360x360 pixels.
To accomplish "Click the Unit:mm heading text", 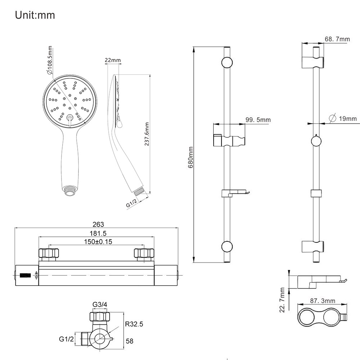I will tap(35, 16).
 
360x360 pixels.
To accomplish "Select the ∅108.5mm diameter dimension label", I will tap(49, 60).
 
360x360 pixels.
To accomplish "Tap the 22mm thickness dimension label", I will tap(113, 60).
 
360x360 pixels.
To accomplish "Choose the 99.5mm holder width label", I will tap(258, 120).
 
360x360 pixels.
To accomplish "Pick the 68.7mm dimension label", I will tap(337, 39).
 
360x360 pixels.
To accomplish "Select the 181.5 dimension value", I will tap(97, 233).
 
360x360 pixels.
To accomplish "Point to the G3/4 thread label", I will tap(100, 305).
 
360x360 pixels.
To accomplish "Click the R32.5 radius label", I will tap(134, 324).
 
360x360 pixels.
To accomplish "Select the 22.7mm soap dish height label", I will tap(282, 300).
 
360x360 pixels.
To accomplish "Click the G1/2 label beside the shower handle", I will tap(132, 205).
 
